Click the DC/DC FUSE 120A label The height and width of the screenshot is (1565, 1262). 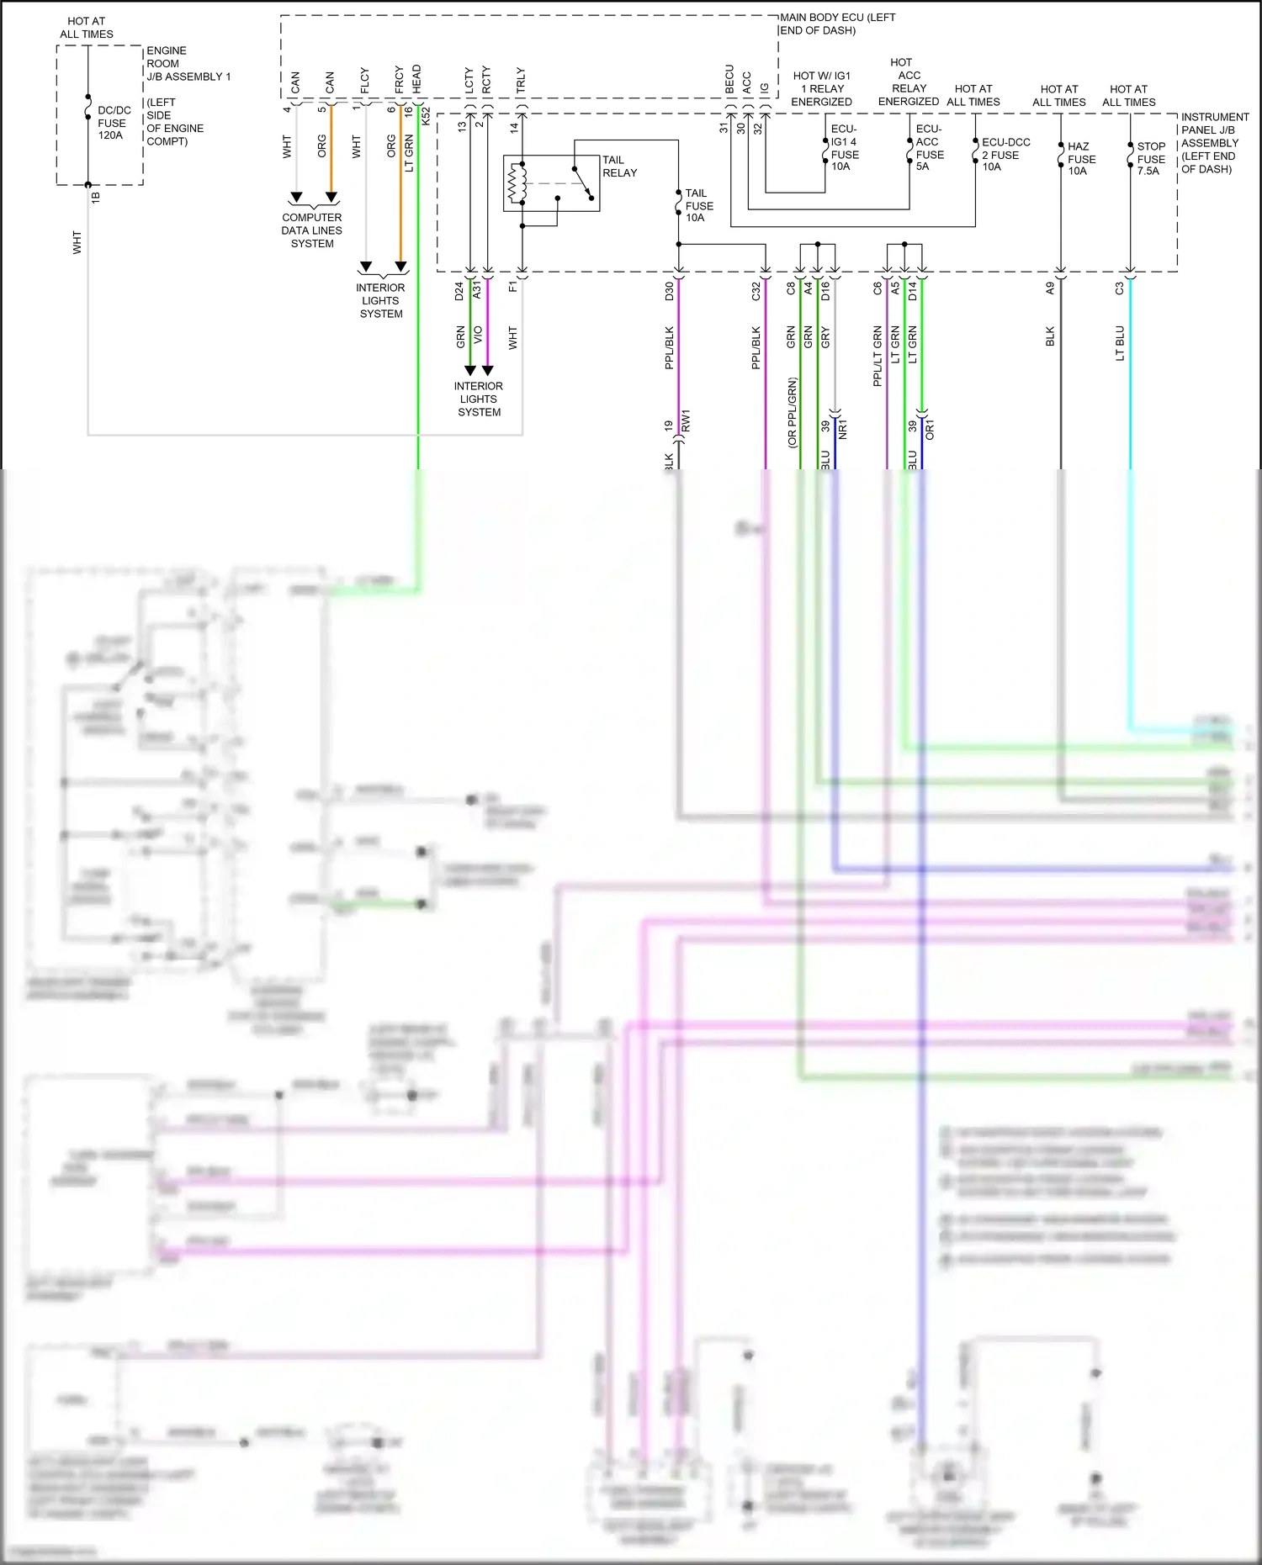point(113,123)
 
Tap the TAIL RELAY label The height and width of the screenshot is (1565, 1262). point(619,167)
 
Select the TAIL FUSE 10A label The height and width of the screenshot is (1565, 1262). point(698,205)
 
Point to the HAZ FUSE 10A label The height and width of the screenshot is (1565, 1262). point(1081,159)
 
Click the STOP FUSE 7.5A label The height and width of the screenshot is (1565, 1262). point(1150,159)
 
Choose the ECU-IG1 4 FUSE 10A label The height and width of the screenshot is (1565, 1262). point(844,148)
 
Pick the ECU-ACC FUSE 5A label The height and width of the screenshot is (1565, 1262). point(928,148)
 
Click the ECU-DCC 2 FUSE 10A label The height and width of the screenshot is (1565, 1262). point(1005,155)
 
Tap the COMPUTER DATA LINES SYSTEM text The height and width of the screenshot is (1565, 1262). point(312,230)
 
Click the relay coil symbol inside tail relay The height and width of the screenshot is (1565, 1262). point(516,184)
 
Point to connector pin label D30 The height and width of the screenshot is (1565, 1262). point(670,291)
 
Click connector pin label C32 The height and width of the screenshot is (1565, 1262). point(756,291)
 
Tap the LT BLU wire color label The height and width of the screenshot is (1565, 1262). point(1120,343)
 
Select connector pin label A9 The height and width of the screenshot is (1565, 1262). point(1050,288)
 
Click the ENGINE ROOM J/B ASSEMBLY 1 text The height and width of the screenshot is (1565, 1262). point(187,64)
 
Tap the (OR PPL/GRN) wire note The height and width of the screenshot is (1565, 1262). point(793,413)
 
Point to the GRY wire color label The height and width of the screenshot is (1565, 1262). point(825,337)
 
